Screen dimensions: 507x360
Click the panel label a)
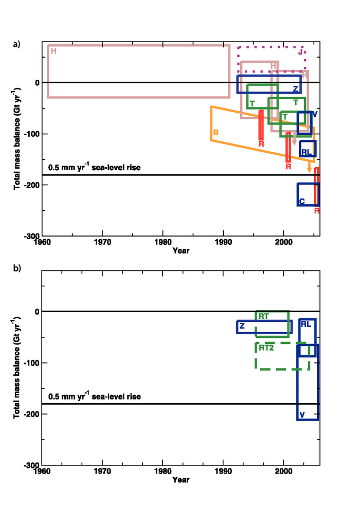click(16, 44)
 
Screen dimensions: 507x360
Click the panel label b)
click(16, 268)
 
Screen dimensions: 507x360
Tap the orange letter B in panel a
click(216, 133)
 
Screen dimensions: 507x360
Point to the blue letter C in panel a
click(302, 201)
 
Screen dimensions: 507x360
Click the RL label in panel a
click(307, 152)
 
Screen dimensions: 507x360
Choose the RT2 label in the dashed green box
click(266, 348)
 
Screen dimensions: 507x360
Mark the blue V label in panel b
click(302, 415)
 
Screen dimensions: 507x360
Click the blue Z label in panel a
click(295, 89)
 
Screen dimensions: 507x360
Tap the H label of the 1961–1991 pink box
click(53, 51)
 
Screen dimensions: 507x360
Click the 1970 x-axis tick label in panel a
click(102, 242)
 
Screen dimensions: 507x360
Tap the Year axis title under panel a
click(181, 250)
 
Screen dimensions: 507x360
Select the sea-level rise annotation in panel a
click(94, 168)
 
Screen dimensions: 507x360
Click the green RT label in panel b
click(264, 316)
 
